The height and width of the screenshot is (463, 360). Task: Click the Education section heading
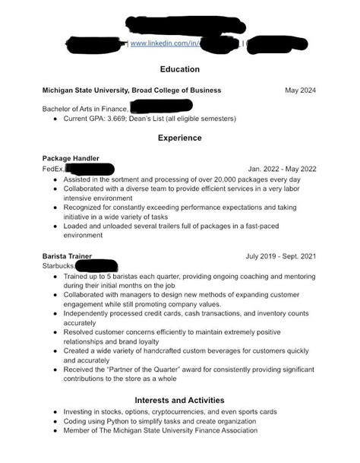point(180,68)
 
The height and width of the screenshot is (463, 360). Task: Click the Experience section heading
point(180,138)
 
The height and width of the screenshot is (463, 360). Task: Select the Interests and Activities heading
point(180,399)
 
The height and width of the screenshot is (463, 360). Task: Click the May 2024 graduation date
point(300,90)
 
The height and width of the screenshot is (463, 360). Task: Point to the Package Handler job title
point(71,158)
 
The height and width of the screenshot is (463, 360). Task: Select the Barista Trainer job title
point(68,256)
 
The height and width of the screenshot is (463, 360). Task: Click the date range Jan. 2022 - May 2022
point(282,168)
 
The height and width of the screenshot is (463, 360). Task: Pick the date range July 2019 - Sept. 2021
point(280,256)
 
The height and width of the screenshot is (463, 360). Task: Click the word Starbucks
point(59,266)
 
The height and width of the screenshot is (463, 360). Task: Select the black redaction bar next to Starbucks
point(96,266)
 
